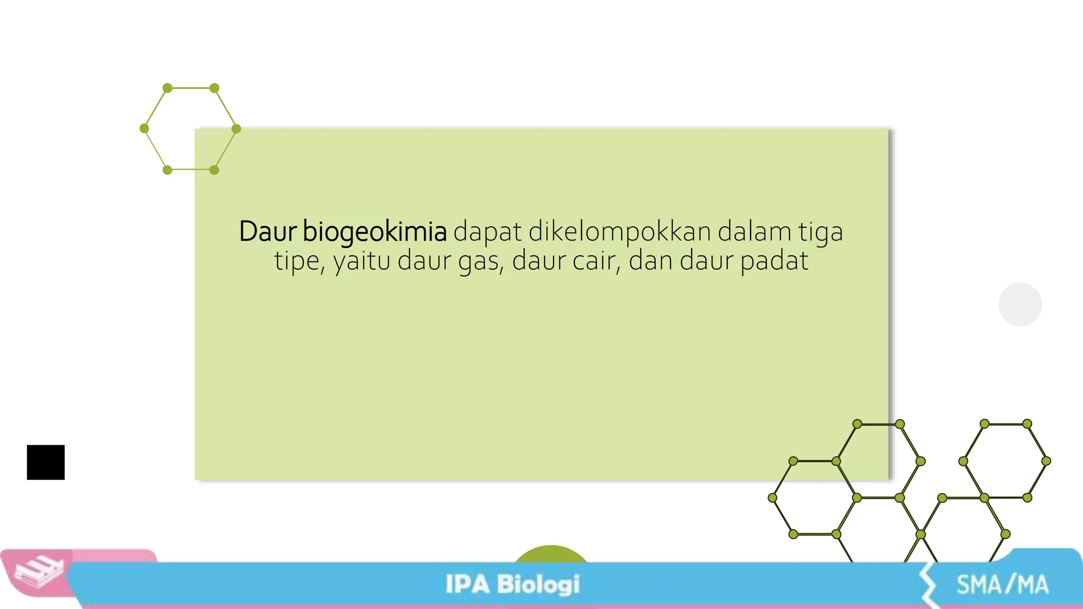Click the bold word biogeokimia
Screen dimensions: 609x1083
(374, 232)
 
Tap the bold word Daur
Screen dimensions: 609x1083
(268, 232)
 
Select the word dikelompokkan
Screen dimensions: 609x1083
(620, 232)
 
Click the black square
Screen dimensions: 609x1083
(46, 463)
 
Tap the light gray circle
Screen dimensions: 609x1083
(1020, 304)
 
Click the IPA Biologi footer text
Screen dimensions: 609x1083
(512, 585)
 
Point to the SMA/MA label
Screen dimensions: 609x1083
(1002, 585)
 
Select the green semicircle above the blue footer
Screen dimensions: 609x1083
(550, 554)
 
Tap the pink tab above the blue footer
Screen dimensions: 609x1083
(114, 555)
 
